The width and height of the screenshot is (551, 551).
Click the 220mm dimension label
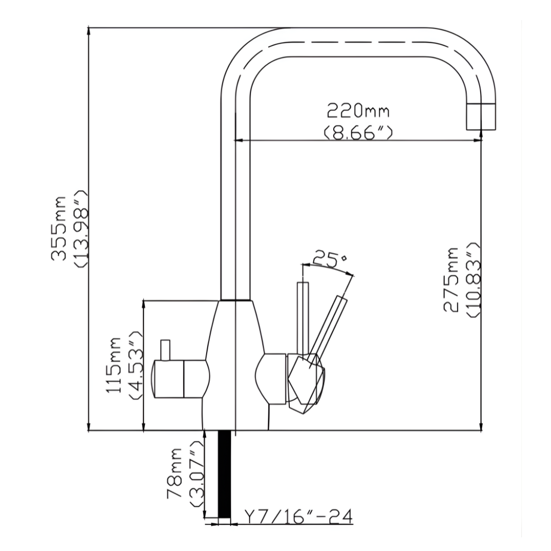358,111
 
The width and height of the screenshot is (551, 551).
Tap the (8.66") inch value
357,133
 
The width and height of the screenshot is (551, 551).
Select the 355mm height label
59,229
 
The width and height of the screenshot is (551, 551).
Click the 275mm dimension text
451,280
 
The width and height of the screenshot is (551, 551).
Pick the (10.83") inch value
473,280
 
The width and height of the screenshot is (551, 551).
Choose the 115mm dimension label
114,365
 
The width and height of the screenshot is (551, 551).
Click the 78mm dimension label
174,473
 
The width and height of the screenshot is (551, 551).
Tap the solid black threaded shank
224,474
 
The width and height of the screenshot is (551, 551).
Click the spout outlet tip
481,117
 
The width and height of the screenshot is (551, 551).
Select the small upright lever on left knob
165,350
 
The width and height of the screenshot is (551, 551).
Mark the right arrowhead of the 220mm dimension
478,141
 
